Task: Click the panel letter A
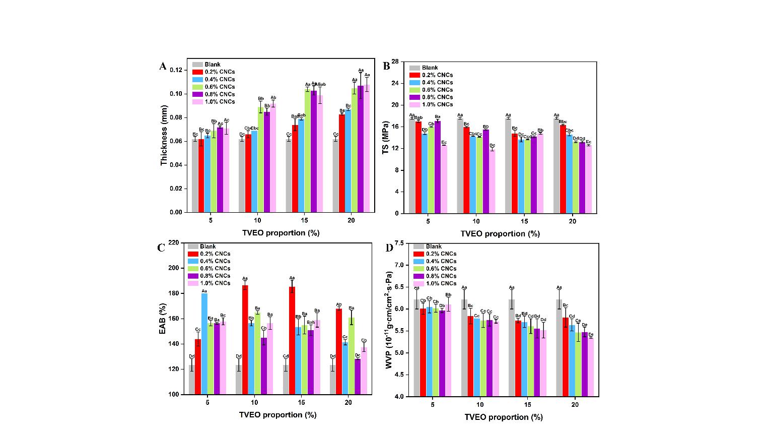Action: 163,66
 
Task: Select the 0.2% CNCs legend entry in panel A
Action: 213,72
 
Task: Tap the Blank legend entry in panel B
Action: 430,68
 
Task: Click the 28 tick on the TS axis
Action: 395,62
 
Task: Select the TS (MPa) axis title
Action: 386,138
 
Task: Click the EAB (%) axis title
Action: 162,319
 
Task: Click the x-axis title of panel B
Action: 500,234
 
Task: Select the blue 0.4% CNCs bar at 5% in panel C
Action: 204,344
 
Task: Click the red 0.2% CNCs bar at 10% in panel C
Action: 245,340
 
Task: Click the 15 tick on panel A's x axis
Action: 304,221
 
